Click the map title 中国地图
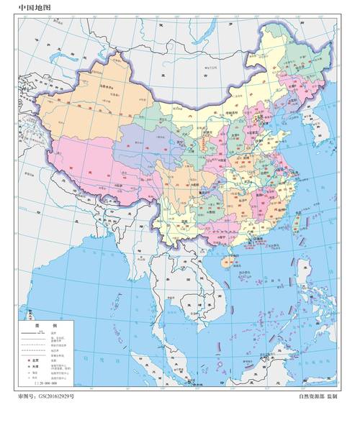pos(35,9)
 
